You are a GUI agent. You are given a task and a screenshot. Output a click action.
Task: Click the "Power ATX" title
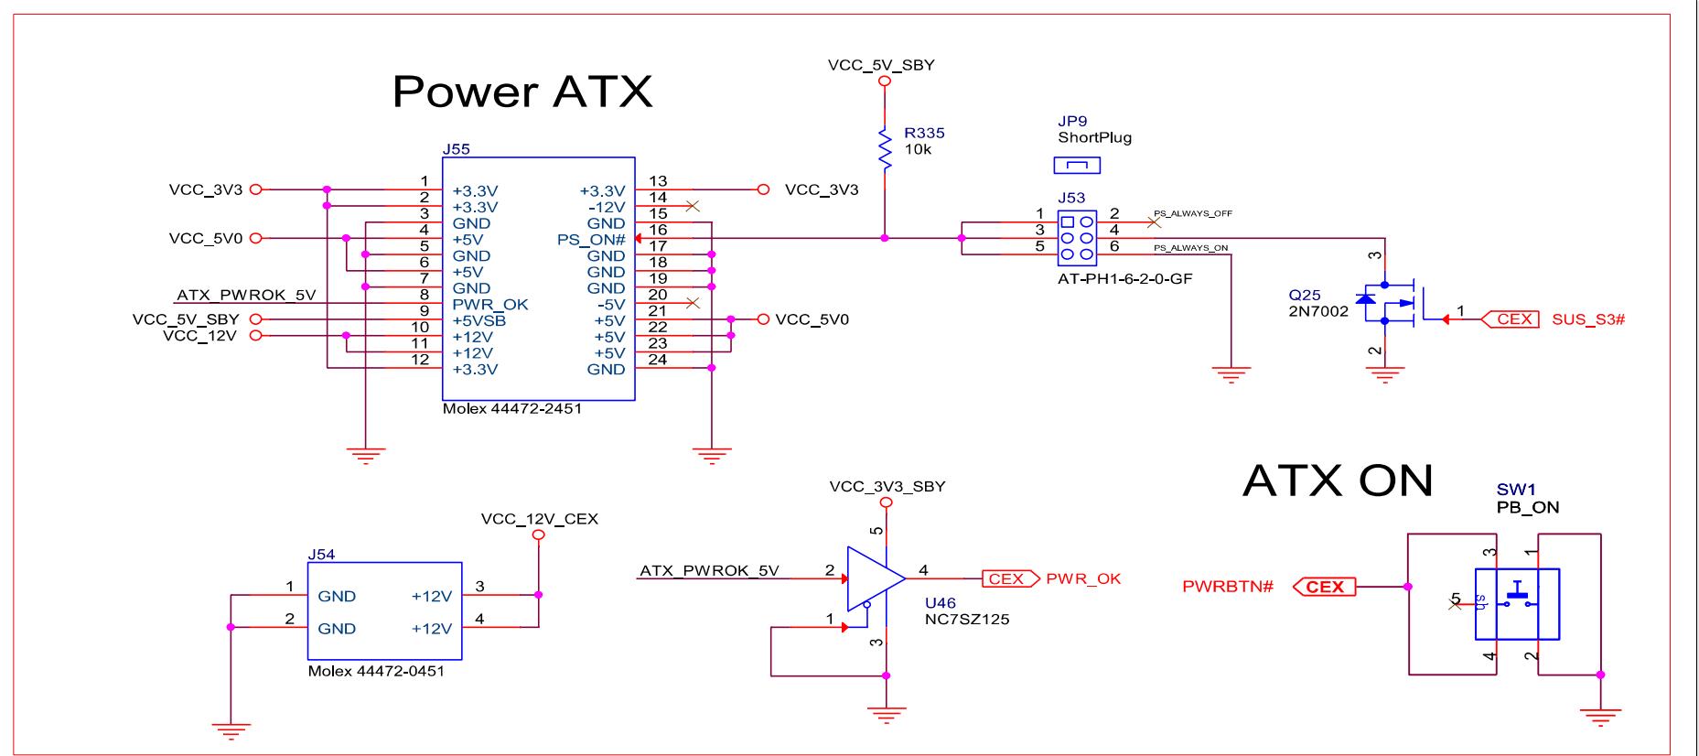(x=522, y=92)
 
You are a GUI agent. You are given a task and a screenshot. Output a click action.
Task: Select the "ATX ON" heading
(x=1338, y=480)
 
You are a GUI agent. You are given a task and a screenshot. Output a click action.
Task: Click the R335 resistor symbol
(x=885, y=148)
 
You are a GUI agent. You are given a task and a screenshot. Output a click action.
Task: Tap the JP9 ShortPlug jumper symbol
(x=1078, y=165)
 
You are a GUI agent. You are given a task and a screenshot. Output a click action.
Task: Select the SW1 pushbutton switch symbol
(x=1517, y=604)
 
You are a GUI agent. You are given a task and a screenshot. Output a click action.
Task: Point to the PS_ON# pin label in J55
(x=591, y=240)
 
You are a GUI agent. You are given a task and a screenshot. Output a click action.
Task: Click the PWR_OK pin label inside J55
(x=489, y=304)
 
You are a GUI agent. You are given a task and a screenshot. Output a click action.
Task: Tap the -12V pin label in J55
(x=606, y=207)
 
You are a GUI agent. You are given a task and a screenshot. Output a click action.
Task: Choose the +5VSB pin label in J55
(x=479, y=320)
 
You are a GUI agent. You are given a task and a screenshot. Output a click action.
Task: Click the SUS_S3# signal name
(x=1588, y=319)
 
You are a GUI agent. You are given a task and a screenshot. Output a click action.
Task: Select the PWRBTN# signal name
(x=1228, y=586)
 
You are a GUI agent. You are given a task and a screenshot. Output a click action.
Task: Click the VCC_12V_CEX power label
(x=539, y=519)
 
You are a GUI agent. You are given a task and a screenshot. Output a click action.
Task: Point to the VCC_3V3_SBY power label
(x=887, y=487)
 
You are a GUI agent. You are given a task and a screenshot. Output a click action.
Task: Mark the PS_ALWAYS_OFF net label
(x=1192, y=213)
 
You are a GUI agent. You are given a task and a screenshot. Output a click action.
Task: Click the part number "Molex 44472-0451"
(x=376, y=671)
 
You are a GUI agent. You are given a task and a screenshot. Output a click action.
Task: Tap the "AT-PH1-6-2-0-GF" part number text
(x=1124, y=278)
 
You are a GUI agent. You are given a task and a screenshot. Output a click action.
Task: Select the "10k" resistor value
(x=917, y=149)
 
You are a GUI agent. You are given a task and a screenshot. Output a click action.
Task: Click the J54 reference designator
(x=321, y=555)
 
